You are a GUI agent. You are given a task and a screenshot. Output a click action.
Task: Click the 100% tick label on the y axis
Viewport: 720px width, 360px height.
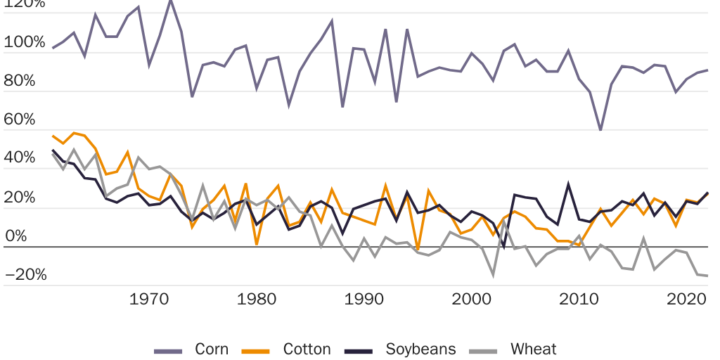click(x=24, y=41)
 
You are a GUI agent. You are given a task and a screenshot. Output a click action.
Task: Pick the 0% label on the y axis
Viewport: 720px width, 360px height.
click(x=15, y=236)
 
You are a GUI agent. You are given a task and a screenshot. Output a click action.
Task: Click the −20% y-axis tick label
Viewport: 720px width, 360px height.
click(x=25, y=275)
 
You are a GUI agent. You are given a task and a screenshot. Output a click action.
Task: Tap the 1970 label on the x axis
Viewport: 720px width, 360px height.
click(x=149, y=299)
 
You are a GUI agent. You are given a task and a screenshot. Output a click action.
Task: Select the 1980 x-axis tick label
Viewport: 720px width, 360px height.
click(x=257, y=299)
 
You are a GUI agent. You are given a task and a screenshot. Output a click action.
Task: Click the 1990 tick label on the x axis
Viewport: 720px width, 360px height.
click(x=364, y=299)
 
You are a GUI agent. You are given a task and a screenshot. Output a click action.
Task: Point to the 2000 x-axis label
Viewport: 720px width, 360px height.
click(x=472, y=299)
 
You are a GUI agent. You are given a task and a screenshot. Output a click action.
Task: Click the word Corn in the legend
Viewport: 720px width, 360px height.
click(x=212, y=349)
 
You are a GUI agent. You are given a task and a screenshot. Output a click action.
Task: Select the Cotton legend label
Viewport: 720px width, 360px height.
click(x=307, y=349)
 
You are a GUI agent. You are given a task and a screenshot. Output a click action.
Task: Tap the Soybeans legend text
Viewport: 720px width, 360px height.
click(x=420, y=349)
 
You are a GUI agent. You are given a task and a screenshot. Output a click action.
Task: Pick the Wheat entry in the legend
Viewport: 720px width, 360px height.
click(x=534, y=349)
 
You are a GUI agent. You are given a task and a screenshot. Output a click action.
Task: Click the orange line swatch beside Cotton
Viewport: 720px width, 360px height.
click(x=257, y=349)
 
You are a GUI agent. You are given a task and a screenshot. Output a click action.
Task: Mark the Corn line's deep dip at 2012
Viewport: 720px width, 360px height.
click(x=600, y=130)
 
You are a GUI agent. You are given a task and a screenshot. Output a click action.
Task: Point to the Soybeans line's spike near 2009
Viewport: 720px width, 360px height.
click(x=568, y=184)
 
